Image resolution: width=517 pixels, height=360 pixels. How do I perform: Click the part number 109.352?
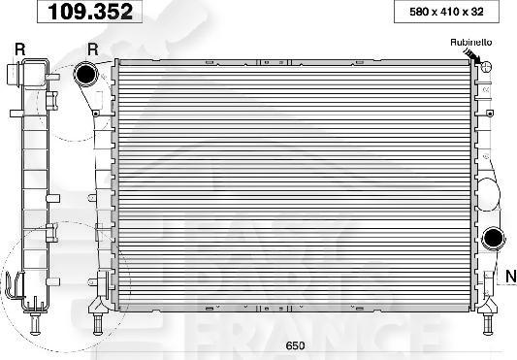coord(91,13)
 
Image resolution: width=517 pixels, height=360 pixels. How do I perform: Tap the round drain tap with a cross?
coord(486,66)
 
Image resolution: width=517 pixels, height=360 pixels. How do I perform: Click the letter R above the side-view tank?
coord(20,48)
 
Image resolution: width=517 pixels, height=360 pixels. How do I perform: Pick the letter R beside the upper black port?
coord(93,48)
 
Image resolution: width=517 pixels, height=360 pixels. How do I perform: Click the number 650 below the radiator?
coord(293,345)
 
